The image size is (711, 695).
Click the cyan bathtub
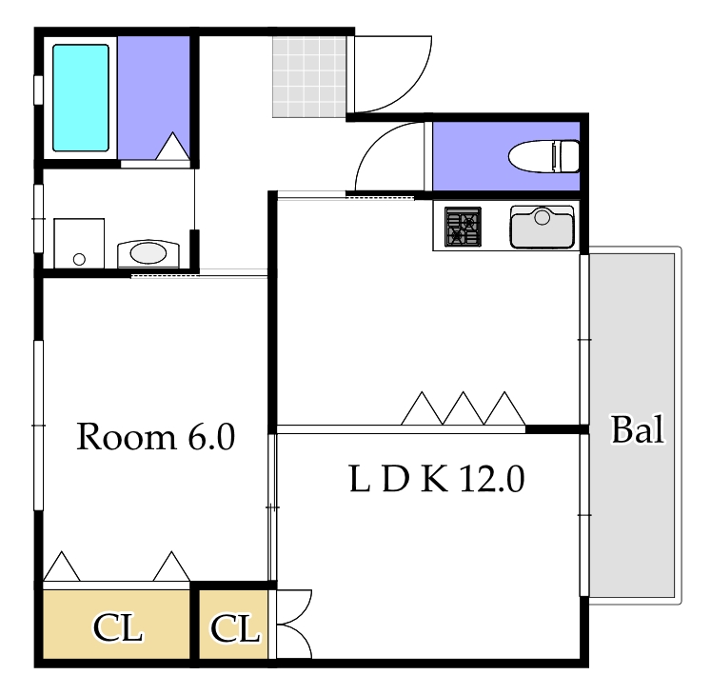pyautogui.click(x=80, y=97)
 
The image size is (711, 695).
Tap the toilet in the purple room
pyautogui.click(x=545, y=155)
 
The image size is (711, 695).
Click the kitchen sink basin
pyautogui.click(x=542, y=228)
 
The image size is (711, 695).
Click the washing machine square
pyautogui.click(x=78, y=245)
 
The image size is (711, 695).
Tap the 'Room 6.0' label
pyautogui.click(x=155, y=437)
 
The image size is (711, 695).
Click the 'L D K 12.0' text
pyautogui.click(x=437, y=479)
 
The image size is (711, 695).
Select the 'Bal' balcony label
pyautogui.click(x=637, y=430)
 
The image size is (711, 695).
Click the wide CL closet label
pyautogui.click(x=117, y=628)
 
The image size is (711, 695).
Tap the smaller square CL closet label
pyautogui.click(x=234, y=628)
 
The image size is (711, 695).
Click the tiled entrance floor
pyautogui.click(x=308, y=76)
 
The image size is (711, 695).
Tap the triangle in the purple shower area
pyautogui.click(x=173, y=148)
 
